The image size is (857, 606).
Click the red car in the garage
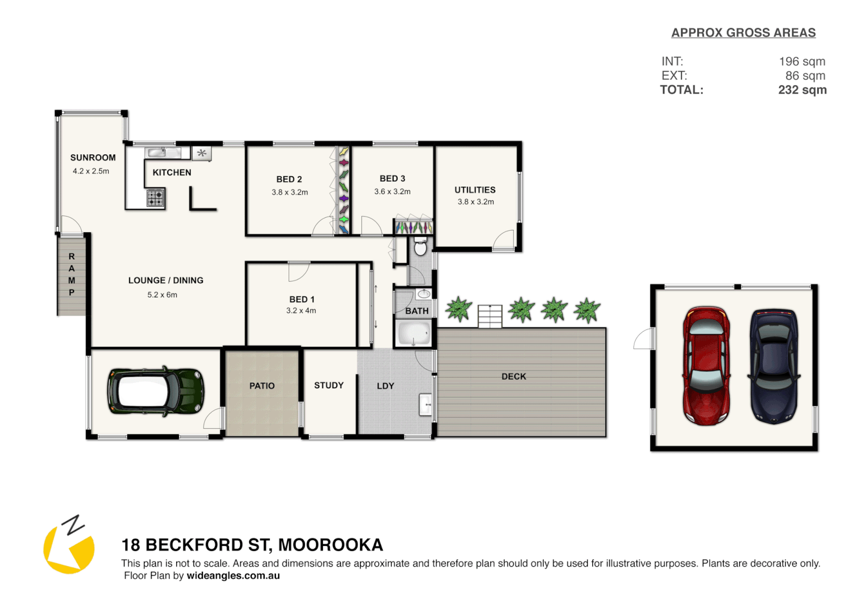[706, 365]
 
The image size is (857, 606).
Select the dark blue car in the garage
[775, 365]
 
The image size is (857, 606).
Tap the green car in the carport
[155, 391]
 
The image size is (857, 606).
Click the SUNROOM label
[93, 158]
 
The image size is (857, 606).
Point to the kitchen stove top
[155, 198]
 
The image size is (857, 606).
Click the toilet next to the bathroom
[420, 246]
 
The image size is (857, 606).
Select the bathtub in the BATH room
[414, 333]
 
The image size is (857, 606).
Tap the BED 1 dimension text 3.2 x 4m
[301, 311]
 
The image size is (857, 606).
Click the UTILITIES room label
[475, 190]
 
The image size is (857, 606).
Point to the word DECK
[514, 377]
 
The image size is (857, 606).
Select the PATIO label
[262, 386]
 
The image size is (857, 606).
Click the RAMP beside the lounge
[72, 275]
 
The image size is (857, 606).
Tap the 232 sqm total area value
[802, 90]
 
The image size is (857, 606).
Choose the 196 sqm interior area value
[802, 62]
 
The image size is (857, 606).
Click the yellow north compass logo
[68, 548]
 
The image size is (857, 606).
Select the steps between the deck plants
[490, 316]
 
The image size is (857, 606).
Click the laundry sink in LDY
[426, 404]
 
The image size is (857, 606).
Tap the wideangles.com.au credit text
[233, 576]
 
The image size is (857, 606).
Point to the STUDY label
[329, 385]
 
